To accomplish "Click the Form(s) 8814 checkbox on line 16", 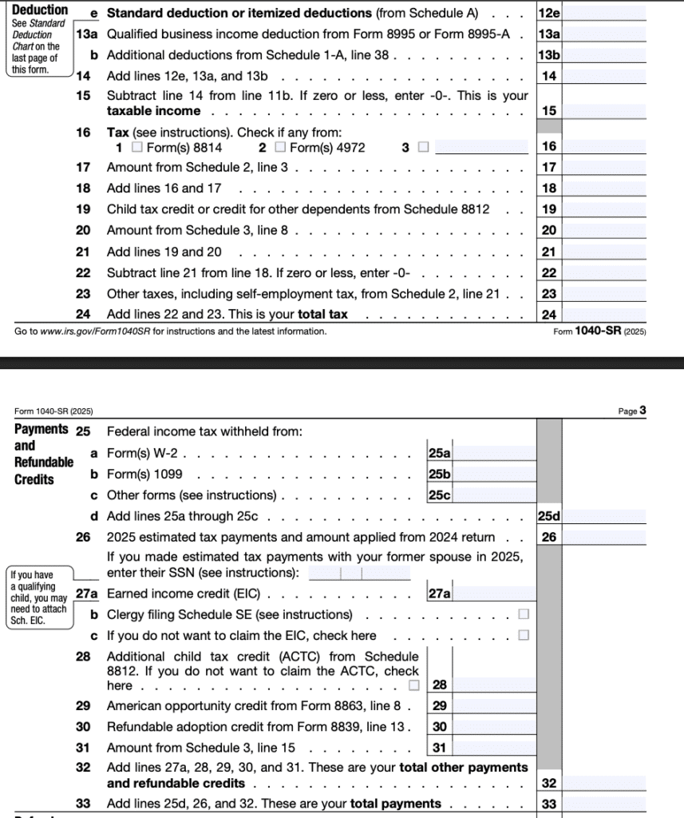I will [137, 147].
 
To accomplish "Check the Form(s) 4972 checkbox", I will [279, 147].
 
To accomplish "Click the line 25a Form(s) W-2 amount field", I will [495, 453].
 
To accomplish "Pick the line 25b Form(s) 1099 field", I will [495, 474].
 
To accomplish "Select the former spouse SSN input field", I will [359, 573].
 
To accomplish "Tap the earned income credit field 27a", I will [495, 594].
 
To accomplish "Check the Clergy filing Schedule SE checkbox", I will [524, 614].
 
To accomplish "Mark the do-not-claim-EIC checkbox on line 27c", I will [524, 635].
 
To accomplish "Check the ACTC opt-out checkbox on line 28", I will [413, 685].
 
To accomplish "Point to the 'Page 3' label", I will [632, 411].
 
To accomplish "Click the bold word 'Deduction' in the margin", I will [40, 10].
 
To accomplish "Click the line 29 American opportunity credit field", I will [495, 705].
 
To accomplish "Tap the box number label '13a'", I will [549, 34].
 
